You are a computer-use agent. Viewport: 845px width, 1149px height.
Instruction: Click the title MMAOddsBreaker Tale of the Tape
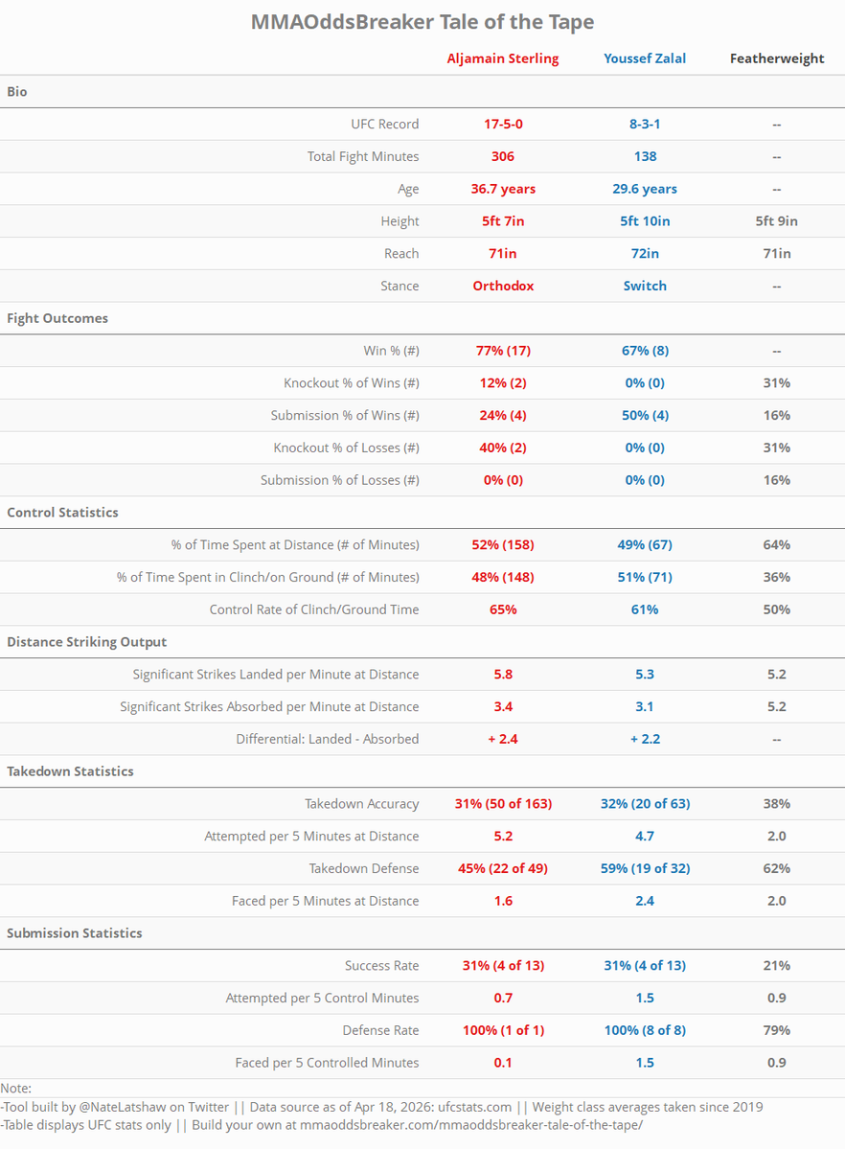click(x=422, y=22)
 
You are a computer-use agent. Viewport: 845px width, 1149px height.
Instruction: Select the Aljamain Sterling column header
click(x=502, y=58)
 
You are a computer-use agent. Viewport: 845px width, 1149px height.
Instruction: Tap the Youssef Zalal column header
click(x=645, y=58)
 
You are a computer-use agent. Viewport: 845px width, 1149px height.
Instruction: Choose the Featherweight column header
click(x=776, y=58)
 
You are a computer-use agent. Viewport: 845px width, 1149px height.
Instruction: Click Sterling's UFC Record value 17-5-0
click(x=502, y=124)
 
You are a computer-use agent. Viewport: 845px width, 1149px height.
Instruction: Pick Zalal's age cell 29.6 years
click(x=645, y=189)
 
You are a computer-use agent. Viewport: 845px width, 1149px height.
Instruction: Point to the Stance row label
click(x=400, y=286)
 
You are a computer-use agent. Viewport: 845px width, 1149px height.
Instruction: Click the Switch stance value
click(x=645, y=286)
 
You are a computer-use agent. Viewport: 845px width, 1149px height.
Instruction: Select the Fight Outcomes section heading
click(x=57, y=318)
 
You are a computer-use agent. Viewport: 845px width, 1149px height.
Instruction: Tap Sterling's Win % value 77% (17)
click(x=502, y=351)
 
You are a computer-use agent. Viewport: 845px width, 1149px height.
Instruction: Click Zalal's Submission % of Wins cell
click(x=645, y=415)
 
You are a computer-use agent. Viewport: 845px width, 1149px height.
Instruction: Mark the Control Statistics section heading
click(x=62, y=513)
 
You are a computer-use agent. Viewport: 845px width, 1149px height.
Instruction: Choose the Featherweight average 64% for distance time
click(x=776, y=544)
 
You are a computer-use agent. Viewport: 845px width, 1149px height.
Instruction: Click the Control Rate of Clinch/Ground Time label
click(x=314, y=609)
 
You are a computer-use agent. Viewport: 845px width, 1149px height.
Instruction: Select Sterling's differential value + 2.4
click(x=502, y=739)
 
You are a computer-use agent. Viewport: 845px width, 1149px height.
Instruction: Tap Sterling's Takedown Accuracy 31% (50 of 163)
click(x=502, y=804)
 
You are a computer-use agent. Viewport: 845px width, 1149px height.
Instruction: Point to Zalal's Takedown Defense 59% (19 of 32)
click(x=645, y=868)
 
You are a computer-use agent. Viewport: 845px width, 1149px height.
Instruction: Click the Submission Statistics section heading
click(x=75, y=933)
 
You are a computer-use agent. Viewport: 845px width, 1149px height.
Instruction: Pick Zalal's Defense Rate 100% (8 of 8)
click(x=645, y=1030)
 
